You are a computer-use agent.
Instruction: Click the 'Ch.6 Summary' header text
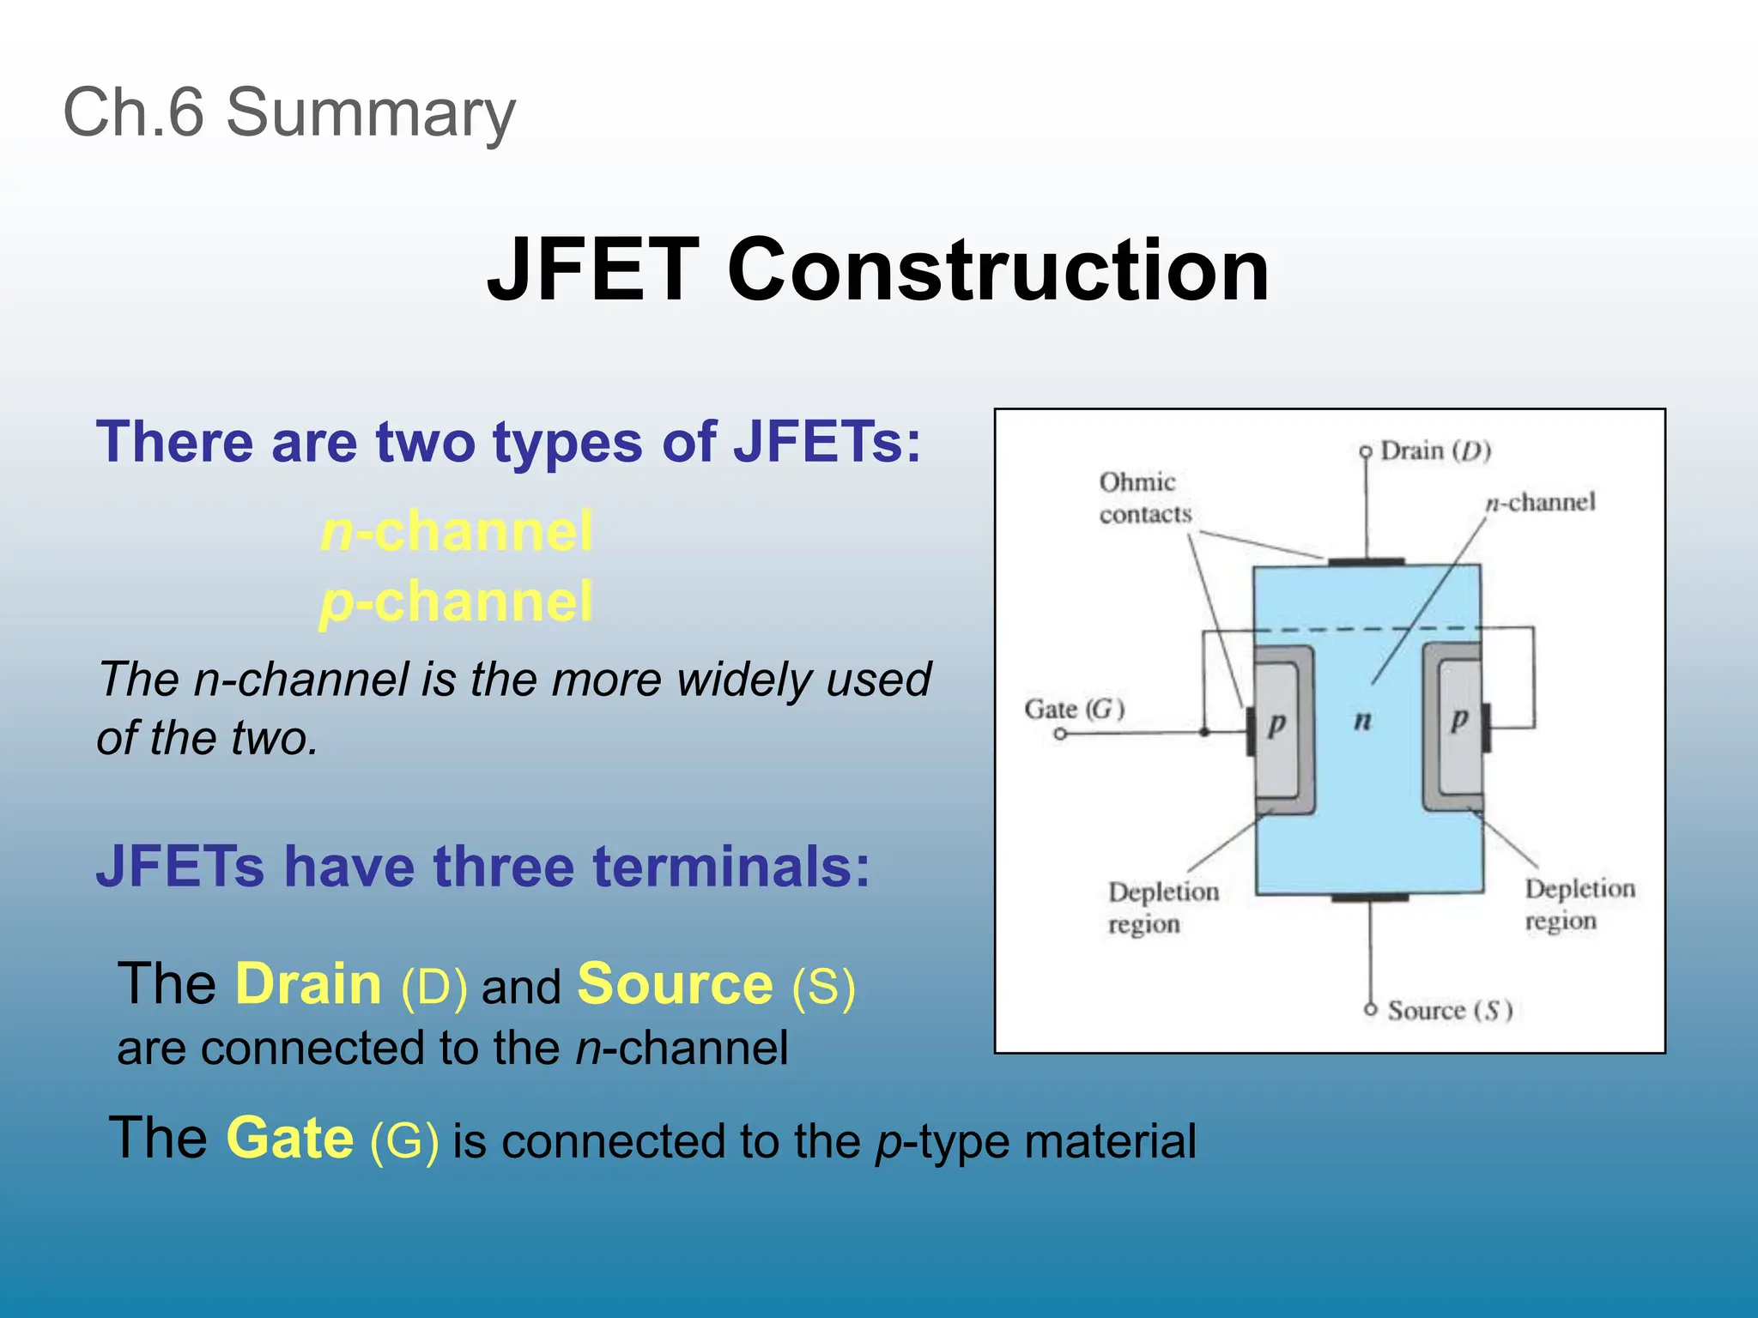click(289, 113)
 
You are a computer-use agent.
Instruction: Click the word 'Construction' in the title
click(997, 270)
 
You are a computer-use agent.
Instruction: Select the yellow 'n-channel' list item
click(456, 531)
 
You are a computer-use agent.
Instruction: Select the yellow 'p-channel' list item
click(456, 602)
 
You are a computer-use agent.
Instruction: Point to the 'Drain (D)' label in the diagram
click(1435, 451)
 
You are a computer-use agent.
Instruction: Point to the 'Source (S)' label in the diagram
click(1449, 1011)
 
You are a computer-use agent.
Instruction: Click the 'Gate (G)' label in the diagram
click(1074, 710)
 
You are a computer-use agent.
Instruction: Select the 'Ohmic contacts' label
click(1144, 498)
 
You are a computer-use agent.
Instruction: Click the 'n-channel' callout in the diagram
click(1541, 502)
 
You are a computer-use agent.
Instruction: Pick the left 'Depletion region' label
click(1163, 908)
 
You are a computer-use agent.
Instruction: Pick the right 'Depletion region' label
click(1579, 904)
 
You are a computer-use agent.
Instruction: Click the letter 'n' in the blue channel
click(1362, 720)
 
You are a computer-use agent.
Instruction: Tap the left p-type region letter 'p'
click(1276, 723)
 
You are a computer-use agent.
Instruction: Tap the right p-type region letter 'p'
click(1458, 718)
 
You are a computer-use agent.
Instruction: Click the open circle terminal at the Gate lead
click(1060, 734)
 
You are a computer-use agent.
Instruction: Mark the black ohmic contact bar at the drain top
click(1366, 562)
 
